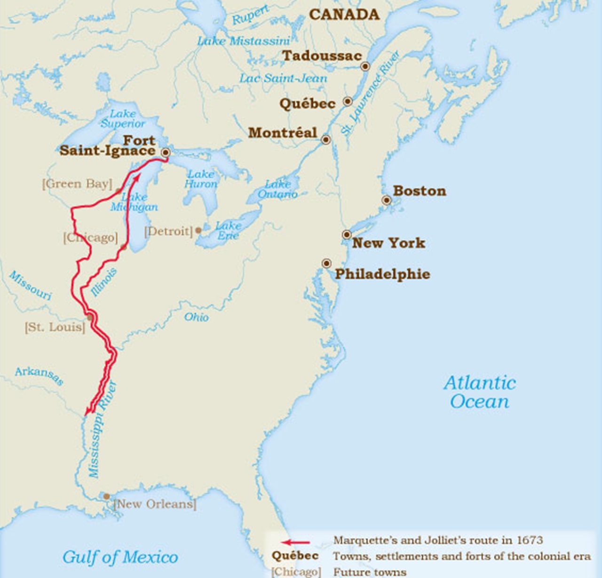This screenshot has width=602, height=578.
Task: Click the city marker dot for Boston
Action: [386, 200]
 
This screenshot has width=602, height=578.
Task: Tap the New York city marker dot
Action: [347, 234]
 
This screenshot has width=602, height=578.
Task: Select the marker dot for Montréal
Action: [325, 140]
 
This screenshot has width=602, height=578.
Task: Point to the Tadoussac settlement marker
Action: [365, 67]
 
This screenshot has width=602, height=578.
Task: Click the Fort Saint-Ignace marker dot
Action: [166, 153]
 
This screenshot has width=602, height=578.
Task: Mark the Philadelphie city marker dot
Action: [326, 263]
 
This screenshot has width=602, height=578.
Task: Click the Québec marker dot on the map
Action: [348, 102]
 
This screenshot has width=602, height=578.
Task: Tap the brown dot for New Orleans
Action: [107, 496]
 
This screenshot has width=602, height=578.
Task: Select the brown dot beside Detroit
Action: [198, 230]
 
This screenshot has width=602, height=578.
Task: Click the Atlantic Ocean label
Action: [480, 392]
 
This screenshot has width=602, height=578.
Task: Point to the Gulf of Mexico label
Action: [120, 557]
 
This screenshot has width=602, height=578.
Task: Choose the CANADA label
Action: [344, 15]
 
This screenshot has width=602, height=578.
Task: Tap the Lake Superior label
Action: [123, 118]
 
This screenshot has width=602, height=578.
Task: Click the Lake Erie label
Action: [229, 230]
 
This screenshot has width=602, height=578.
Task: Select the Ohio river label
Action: [197, 317]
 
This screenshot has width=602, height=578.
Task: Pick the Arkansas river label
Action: [39, 375]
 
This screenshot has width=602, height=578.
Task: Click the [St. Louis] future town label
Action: [55, 327]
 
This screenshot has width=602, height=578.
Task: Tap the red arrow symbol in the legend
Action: [296, 542]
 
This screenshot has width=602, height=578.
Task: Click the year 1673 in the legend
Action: [530, 540]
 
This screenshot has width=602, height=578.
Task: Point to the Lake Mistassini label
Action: [244, 41]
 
